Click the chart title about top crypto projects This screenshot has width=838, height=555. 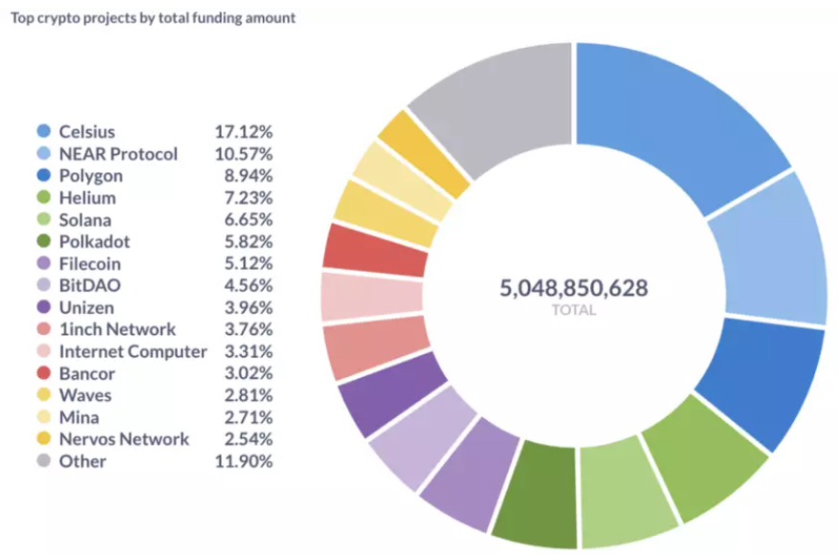coord(152,18)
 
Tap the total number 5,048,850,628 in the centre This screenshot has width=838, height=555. coord(573,287)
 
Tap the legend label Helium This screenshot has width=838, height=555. coord(87,198)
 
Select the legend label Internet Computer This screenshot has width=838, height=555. coord(133,352)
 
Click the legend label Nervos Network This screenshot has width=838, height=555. coord(123,440)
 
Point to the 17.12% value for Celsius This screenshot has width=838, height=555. coord(244,132)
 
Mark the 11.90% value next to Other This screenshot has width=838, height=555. coord(244,462)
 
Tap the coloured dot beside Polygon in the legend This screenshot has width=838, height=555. coord(43,176)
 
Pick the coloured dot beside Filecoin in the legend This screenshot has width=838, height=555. coord(43,264)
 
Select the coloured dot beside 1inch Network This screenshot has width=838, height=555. coord(43,330)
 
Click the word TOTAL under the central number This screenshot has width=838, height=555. coord(573,310)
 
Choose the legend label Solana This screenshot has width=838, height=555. coord(85,220)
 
